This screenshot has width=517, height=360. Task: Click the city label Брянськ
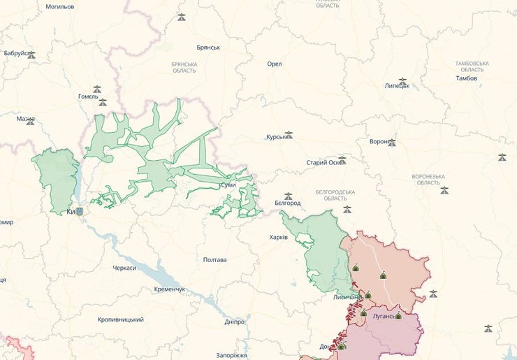point(208,48)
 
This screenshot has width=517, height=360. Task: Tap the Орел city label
point(274,64)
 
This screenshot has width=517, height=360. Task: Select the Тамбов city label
point(466,78)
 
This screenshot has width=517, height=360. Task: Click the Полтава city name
point(214,260)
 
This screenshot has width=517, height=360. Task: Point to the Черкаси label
point(124,268)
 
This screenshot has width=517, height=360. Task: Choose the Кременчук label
point(170,289)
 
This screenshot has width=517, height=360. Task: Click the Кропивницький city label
point(121,319)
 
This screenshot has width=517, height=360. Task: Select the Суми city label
point(228,185)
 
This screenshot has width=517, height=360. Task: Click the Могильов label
point(60,6)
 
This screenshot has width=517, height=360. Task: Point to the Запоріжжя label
point(232,355)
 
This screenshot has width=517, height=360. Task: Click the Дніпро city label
point(235,322)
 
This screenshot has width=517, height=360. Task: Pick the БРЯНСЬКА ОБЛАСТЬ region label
point(184,67)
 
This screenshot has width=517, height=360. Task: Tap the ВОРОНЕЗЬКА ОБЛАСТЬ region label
point(429,179)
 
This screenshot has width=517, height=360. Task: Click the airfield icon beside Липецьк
point(402,82)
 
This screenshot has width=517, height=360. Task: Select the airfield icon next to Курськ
point(289,135)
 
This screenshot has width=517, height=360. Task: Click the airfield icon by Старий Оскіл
point(342,160)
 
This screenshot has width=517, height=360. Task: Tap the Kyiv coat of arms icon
point(79,211)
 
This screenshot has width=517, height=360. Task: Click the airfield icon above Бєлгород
point(288,196)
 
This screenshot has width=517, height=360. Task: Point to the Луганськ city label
point(384,316)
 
